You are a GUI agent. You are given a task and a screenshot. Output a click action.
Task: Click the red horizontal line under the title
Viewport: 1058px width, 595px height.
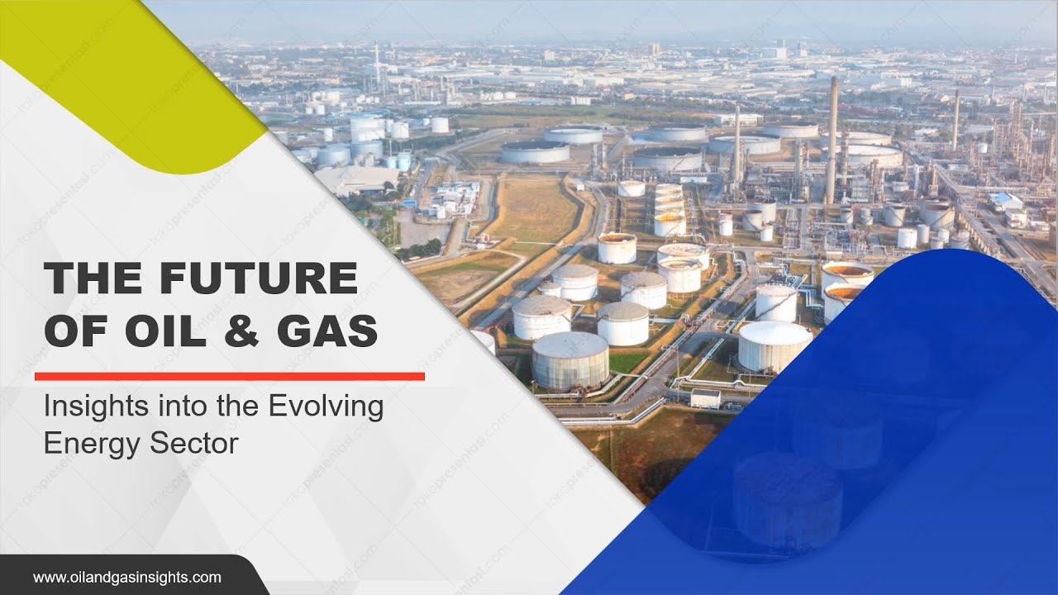click(x=229, y=376)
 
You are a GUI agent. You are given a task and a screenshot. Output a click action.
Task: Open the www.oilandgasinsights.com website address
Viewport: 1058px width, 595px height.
click(x=126, y=577)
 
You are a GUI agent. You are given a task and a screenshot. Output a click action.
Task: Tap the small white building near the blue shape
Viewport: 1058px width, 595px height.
click(x=705, y=399)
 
